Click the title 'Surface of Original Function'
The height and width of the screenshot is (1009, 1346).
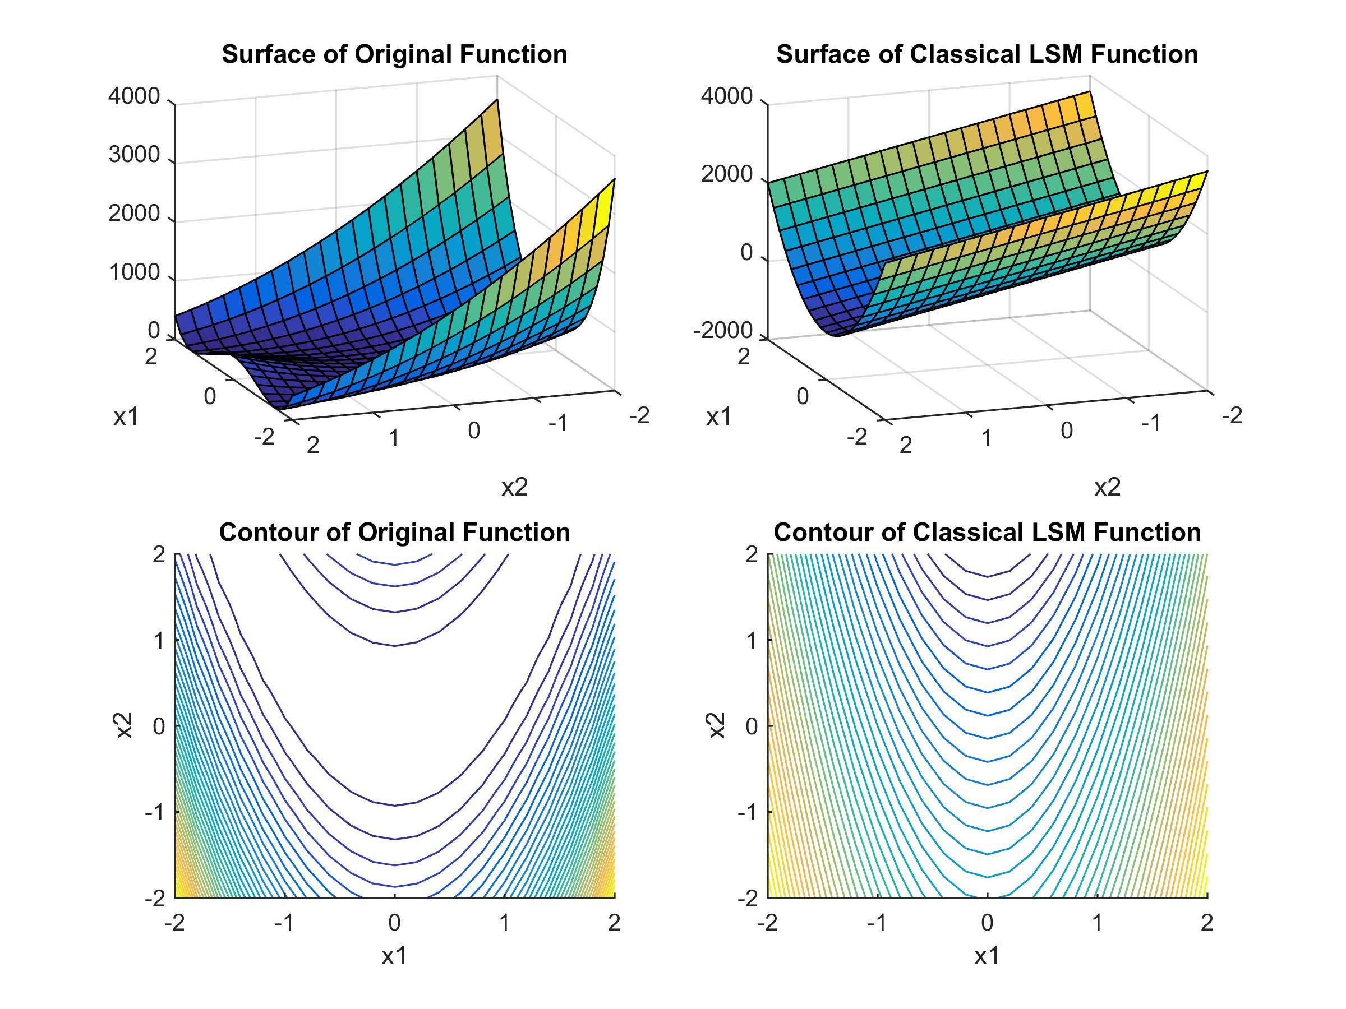(x=394, y=54)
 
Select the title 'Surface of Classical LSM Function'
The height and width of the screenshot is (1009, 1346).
(x=987, y=54)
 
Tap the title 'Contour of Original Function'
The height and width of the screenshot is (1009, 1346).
(x=394, y=532)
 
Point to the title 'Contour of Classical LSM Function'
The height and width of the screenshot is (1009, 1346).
(x=987, y=532)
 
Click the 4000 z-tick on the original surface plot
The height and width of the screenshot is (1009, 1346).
(x=134, y=96)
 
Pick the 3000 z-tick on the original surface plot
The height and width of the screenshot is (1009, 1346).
(x=134, y=155)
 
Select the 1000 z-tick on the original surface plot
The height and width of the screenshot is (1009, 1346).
(x=134, y=272)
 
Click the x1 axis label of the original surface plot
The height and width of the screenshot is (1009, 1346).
(x=126, y=416)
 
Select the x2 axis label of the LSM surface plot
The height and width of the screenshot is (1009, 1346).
(x=1107, y=487)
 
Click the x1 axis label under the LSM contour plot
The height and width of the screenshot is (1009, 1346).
(x=987, y=957)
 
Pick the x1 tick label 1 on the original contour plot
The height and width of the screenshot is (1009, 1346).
(x=504, y=923)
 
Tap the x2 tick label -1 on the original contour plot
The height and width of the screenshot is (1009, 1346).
(x=155, y=812)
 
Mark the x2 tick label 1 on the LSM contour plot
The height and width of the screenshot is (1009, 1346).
(x=752, y=640)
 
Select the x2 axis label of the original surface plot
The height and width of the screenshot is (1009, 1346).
(x=514, y=487)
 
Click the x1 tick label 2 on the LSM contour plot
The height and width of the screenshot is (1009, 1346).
(x=1207, y=923)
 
